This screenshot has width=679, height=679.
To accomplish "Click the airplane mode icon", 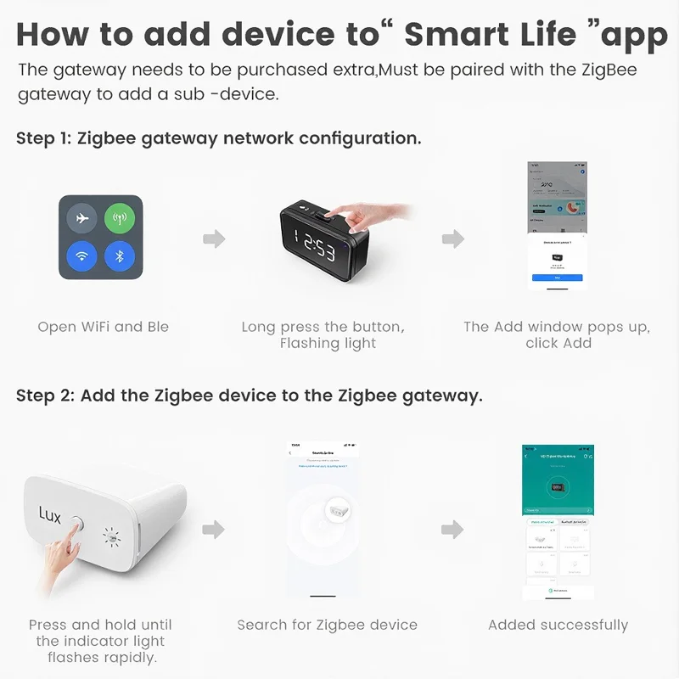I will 82,219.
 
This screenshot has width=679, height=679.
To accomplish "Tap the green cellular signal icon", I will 120,219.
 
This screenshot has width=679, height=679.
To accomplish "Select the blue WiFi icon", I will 82,256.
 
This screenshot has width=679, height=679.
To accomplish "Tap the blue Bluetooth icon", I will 120,256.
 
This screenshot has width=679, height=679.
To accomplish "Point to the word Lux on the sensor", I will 50,515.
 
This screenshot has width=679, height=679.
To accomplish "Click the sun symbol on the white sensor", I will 110,536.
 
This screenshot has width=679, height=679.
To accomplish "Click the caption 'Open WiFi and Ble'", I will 103,327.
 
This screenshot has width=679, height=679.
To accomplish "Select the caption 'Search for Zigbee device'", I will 327,625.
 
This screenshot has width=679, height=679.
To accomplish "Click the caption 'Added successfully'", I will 558,625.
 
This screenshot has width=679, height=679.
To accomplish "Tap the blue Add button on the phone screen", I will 557,278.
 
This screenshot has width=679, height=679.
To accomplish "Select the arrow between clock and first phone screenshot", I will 453,238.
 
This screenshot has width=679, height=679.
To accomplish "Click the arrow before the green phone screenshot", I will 453,530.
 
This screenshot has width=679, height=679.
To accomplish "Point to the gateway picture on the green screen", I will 557,490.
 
